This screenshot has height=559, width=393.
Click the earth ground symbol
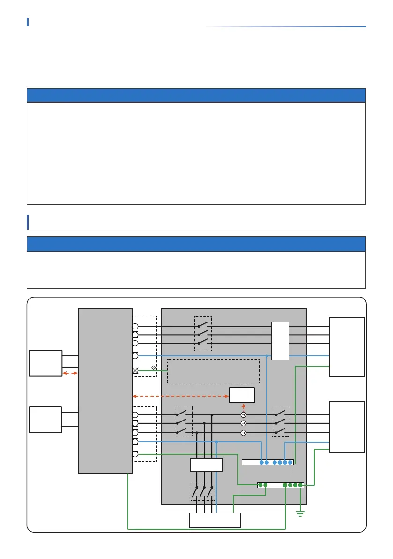tap(300, 513)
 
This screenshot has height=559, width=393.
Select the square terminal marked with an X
tap(135, 370)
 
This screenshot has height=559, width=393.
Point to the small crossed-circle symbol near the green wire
tap(154, 367)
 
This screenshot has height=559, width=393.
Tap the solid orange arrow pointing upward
tap(243, 406)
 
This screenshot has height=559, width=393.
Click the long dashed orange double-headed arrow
tap(181, 396)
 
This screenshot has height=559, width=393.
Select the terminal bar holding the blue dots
tap(267, 462)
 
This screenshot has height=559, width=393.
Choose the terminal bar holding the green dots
tap(281, 485)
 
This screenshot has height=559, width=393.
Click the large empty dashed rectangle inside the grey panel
tap(213, 371)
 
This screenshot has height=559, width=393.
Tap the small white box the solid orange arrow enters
tap(242, 395)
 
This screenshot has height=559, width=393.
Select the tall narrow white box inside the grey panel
tap(281, 341)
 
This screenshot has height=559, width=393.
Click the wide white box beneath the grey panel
tap(215, 520)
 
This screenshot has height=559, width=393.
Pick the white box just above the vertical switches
tap(207, 465)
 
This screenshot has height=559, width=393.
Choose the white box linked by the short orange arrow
tap(45, 363)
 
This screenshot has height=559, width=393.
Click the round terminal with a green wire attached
tap(135, 454)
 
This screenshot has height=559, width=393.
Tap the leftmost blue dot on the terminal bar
tap(261, 462)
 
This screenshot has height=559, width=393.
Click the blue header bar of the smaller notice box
tap(196, 244)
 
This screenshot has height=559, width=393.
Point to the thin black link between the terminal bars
tap(290, 473)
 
